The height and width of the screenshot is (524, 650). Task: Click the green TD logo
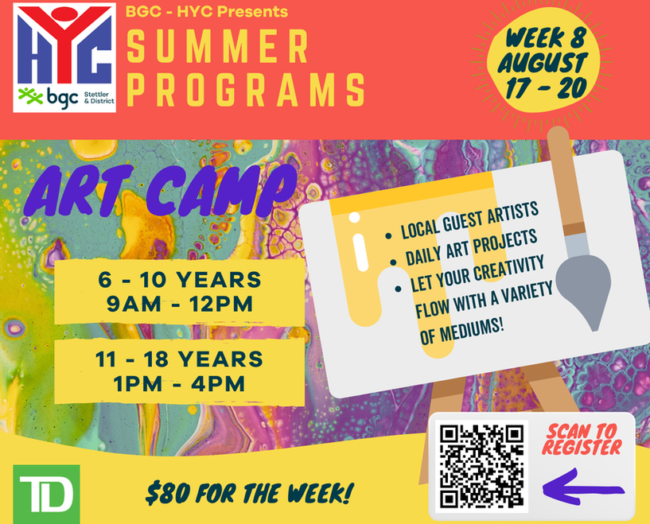pos(46,494)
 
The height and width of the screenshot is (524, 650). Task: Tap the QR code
pos(481,467)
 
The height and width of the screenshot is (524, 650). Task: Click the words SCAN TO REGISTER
pos(582,440)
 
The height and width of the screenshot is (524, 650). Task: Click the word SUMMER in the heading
pos(218,46)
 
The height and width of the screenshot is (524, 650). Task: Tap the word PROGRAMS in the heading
pos(245,90)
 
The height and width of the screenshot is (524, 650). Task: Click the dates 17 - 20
pos(546,88)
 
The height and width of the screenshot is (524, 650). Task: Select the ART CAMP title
pos(161,192)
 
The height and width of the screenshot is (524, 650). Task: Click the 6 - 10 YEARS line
pos(180,280)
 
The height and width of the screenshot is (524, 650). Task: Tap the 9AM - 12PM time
pos(180,305)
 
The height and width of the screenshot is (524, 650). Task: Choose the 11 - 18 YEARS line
pos(179,359)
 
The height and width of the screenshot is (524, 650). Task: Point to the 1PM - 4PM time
pos(180,383)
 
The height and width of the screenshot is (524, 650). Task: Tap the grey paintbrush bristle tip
pos(594,328)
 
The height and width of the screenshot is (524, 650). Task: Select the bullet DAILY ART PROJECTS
pos(471,248)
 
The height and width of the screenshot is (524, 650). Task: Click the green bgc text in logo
pos(62,98)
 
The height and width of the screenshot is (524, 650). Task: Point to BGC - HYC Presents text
pos(206,12)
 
